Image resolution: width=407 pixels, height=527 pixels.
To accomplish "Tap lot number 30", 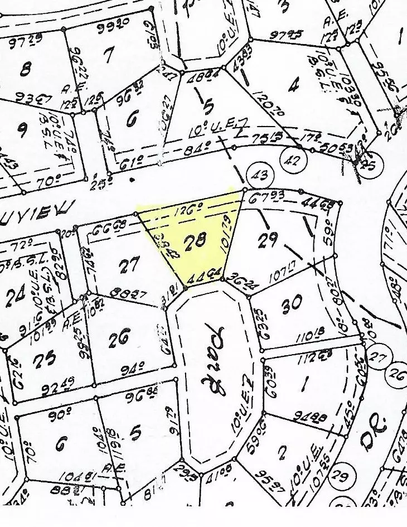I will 292,303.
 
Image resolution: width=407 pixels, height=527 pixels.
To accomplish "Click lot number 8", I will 25,70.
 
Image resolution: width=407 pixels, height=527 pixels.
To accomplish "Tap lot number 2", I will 282,452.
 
